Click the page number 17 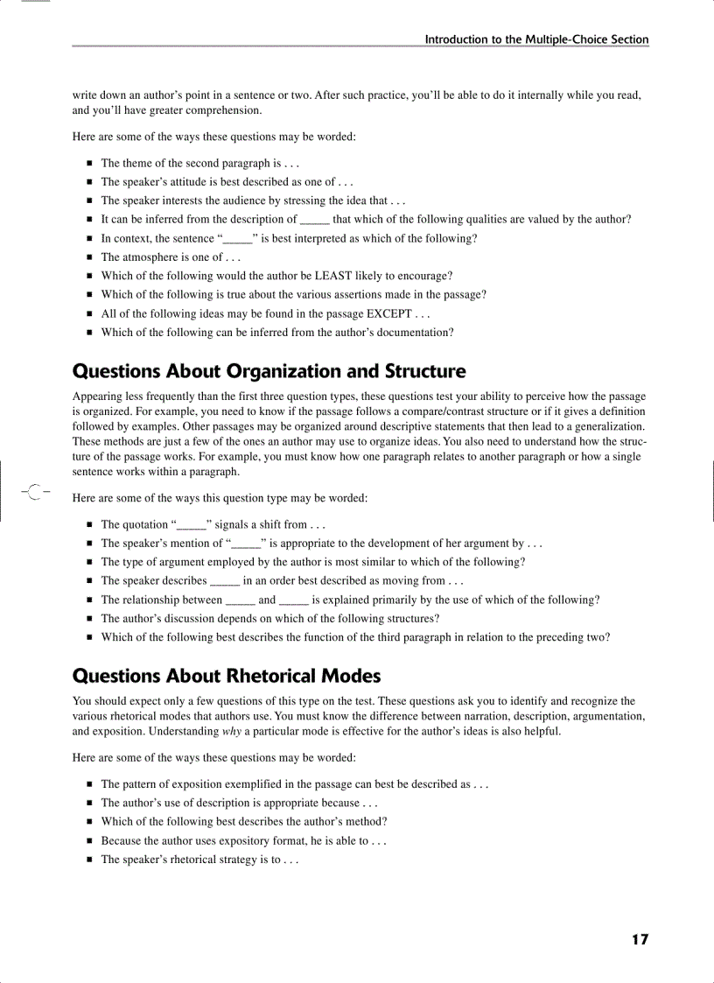pyautogui.click(x=640, y=939)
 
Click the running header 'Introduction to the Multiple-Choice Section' pyautogui.click(x=536, y=39)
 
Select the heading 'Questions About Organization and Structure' pyautogui.click(x=269, y=372)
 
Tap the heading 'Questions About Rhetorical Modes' pyautogui.click(x=227, y=676)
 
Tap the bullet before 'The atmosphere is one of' pyautogui.click(x=89, y=257)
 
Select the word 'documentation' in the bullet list pyautogui.click(x=416, y=332)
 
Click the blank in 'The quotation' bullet pyautogui.click(x=192, y=525)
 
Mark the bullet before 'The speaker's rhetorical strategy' pyautogui.click(x=89, y=860)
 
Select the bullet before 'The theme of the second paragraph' pyautogui.click(x=89, y=164)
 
